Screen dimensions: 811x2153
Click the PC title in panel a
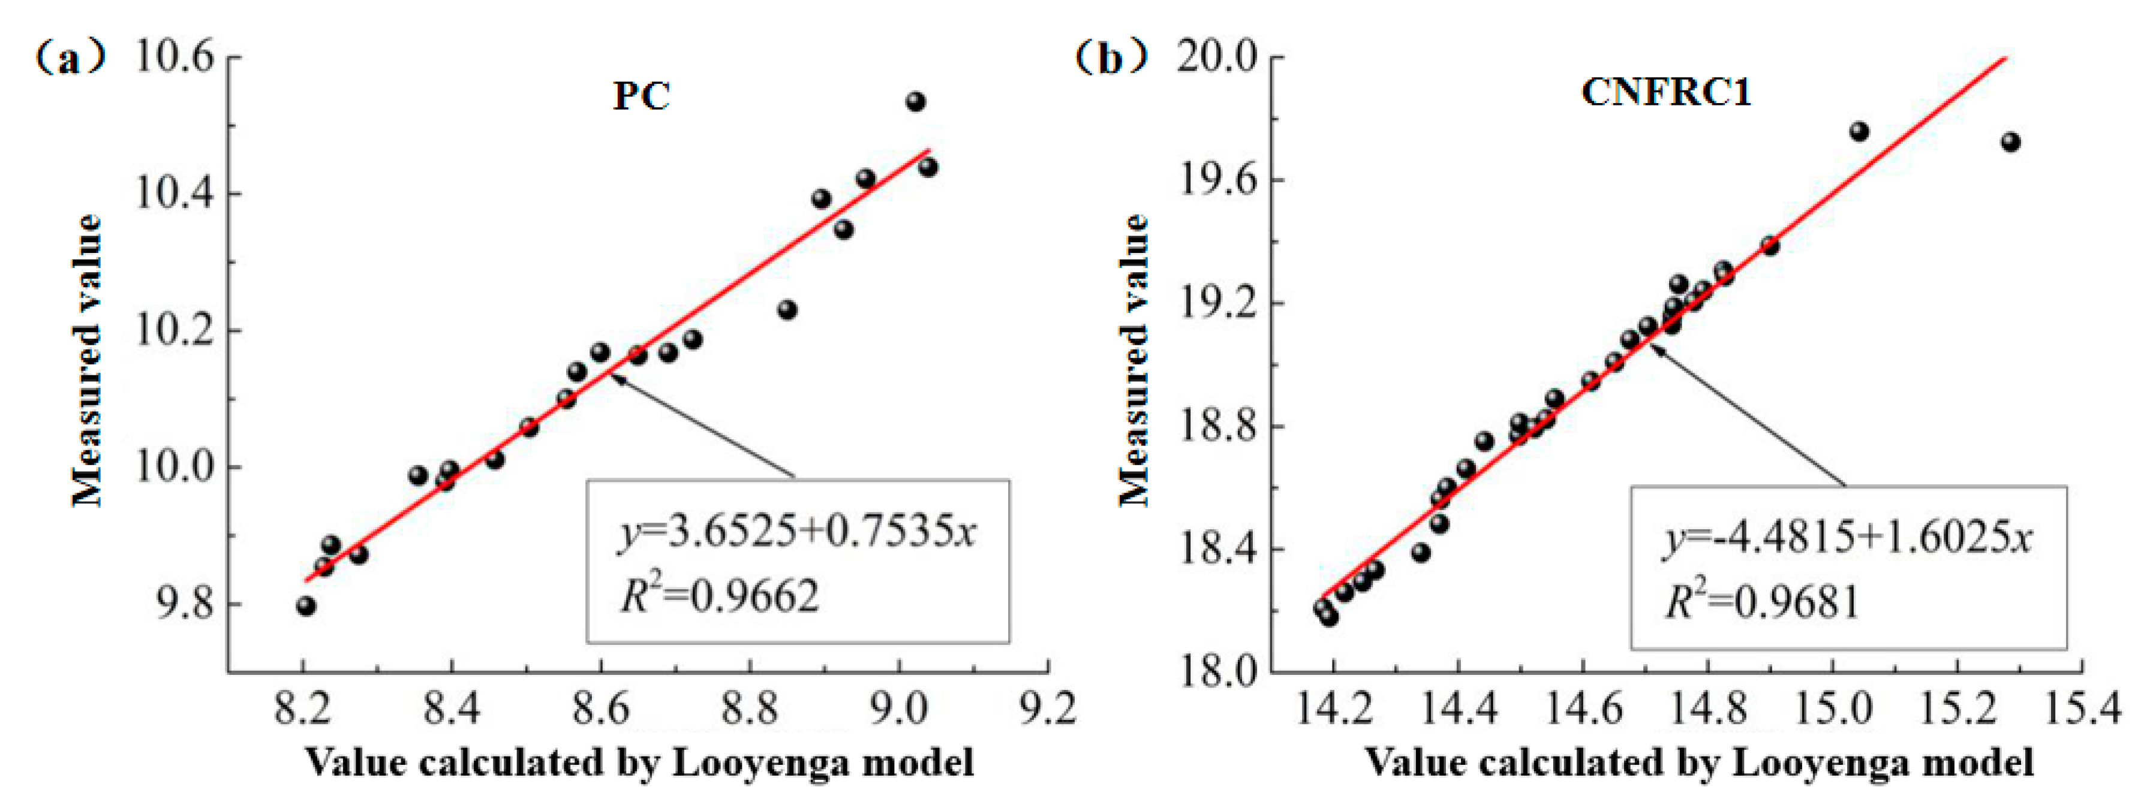tap(641, 95)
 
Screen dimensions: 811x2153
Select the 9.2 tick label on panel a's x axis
tap(1048, 709)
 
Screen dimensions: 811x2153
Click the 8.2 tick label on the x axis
tap(302, 709)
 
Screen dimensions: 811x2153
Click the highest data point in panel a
tap(915, 102)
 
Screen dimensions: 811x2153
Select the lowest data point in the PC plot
tap(306, 605)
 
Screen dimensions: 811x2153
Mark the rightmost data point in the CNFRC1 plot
tap(2010, 142)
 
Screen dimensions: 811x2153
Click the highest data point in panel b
tap(1859, 131)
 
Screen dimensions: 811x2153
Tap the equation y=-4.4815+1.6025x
tap(1847, 539)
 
